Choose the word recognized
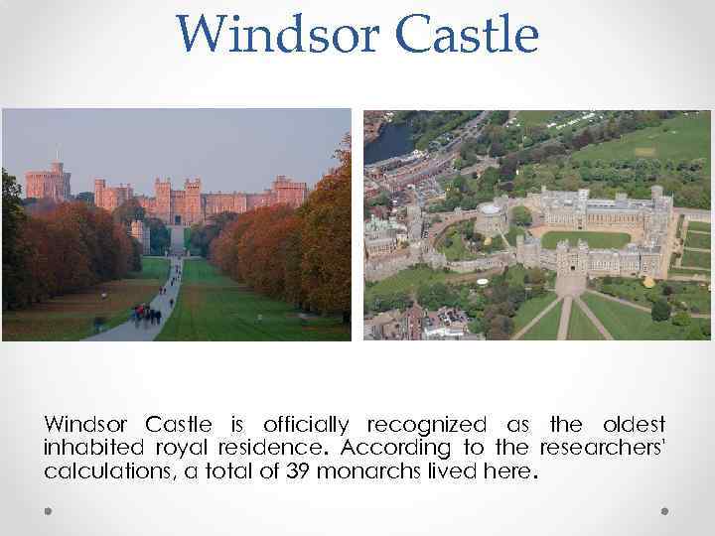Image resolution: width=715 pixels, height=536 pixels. point(427,425)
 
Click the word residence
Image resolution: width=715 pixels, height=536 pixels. point(273,448)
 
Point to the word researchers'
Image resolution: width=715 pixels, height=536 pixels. point(604,448)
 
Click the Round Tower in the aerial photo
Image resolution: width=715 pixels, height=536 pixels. point(492,216)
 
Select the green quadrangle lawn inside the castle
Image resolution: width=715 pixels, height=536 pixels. point(585,239)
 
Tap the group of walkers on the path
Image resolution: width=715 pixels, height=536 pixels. point(148,314)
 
